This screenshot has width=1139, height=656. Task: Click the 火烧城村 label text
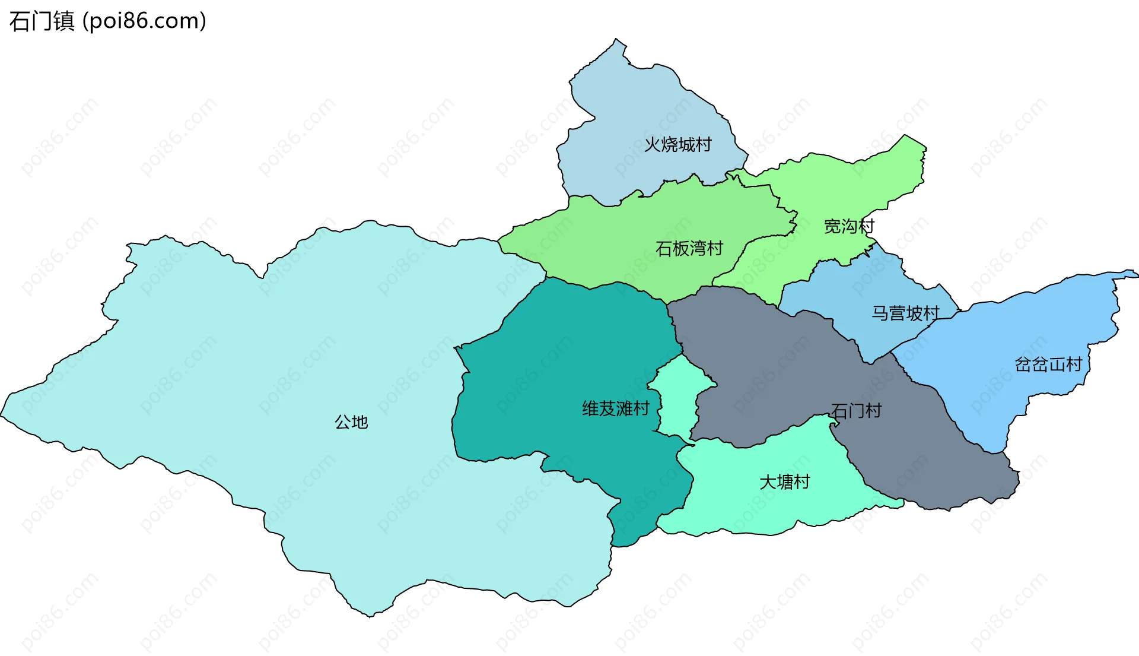coord(677,144)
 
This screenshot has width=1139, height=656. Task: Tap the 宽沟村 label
coord(849,226)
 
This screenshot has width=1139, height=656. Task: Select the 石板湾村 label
coord(689,248)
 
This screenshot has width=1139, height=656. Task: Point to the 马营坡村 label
coord(905,313)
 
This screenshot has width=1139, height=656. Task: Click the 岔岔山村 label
coord(1048,364)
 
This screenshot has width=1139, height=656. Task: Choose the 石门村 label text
coord(856,410)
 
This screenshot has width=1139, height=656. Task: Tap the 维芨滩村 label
coord(615,408)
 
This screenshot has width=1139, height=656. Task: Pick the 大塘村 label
coord(784,481)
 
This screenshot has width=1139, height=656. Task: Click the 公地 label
coord(351,422)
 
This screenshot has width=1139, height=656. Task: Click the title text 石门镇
coord(42,21)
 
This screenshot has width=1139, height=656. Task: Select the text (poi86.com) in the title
coord(144,21)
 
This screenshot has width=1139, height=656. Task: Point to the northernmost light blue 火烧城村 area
coord(635,107)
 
